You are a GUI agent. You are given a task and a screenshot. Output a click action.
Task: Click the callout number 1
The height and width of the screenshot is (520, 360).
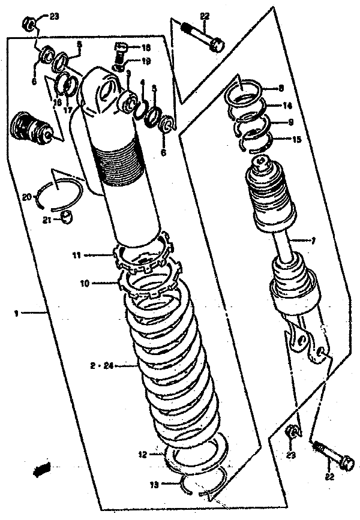click(x=17, y=312)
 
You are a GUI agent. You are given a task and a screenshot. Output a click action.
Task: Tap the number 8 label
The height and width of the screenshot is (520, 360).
click(x=281, y=89)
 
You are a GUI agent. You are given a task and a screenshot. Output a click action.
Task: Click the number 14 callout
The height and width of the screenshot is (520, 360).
click(x=287, y=105)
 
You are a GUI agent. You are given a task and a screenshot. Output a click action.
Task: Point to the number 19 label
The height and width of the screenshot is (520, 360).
click(x=146, y=61)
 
